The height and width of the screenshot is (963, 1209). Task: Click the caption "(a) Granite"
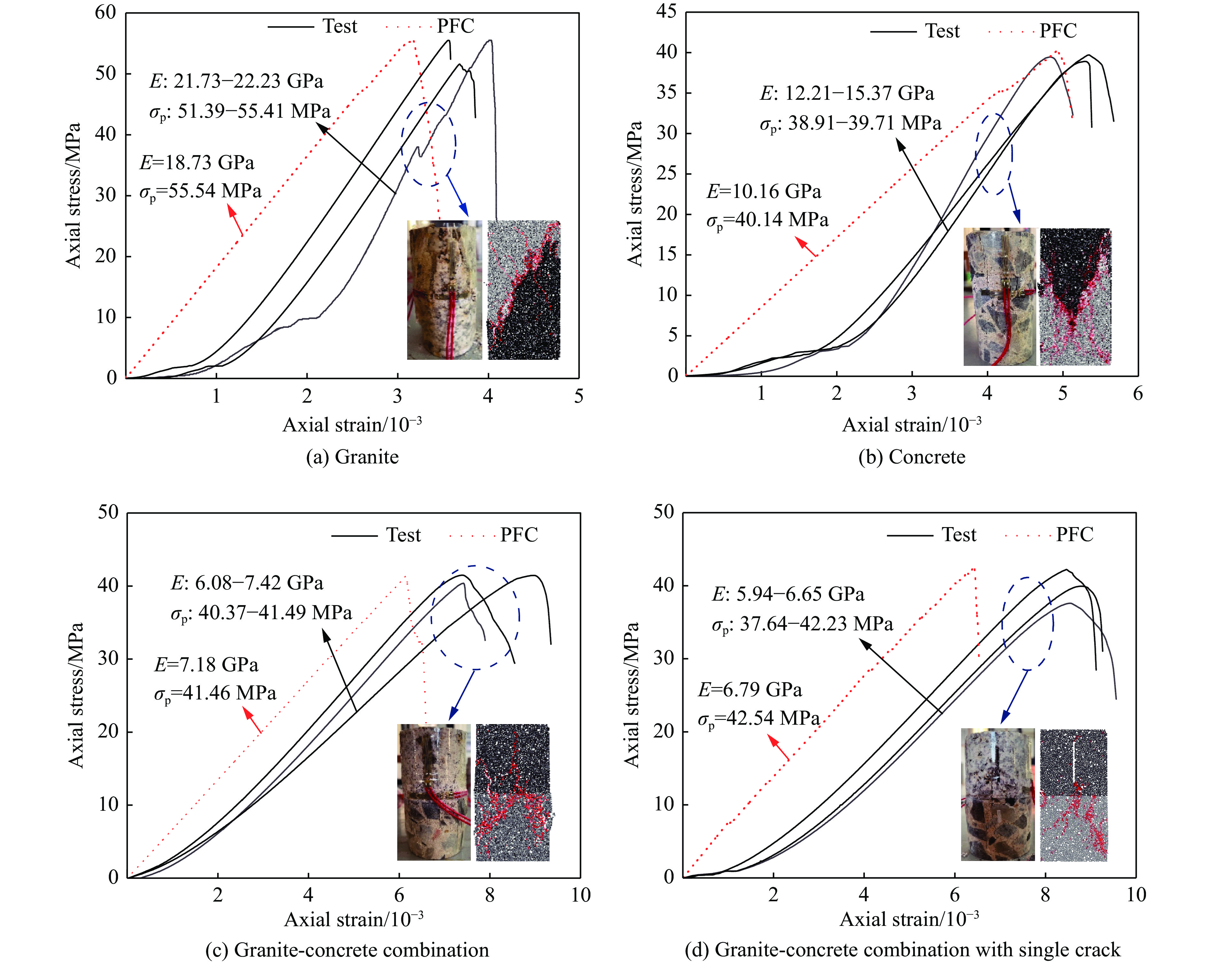(352, 457)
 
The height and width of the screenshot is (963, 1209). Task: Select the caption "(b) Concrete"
(912, 457)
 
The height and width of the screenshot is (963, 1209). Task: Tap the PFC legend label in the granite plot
(455, 26)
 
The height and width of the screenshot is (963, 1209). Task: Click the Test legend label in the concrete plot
(942, 31)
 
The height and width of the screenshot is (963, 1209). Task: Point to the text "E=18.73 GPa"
(197, 163)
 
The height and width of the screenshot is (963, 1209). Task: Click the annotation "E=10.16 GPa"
(764, 192)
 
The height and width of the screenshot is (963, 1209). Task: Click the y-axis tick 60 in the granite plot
(106, 12)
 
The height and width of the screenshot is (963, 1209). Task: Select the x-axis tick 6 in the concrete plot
(1138, 394)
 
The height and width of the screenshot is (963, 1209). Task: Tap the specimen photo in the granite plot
(444, 290)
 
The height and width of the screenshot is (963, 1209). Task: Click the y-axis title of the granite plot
(74, 195)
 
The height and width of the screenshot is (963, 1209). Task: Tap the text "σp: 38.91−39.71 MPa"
(851, 123)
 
